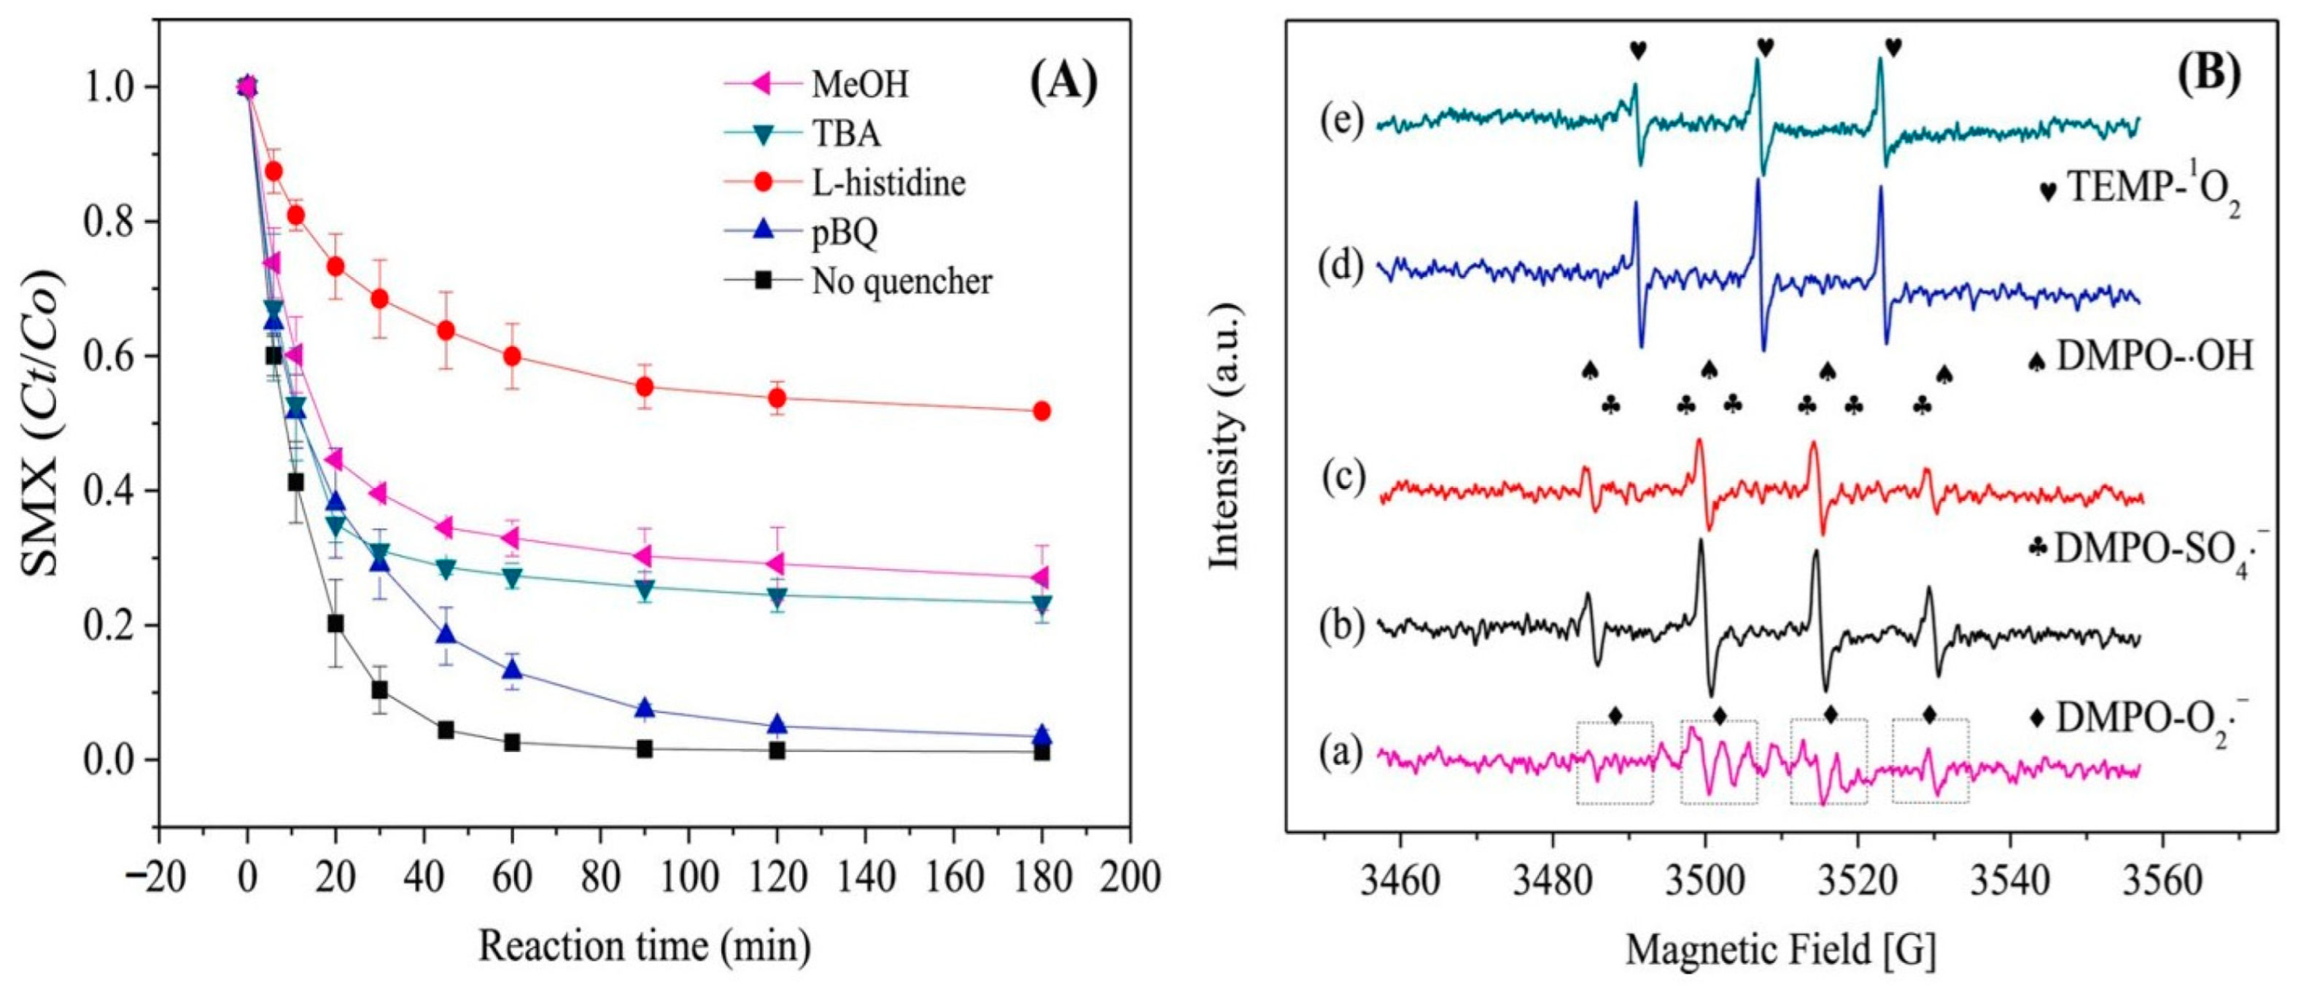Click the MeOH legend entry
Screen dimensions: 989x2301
click(859, 84)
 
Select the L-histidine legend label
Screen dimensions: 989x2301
click(888, 183)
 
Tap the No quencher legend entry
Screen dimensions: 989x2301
click(901, 282)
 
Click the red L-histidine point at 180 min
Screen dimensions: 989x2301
click(1041, 411)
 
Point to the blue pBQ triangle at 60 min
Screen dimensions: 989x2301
click(512, 670)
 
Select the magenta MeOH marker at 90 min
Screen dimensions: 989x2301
click(644, 556)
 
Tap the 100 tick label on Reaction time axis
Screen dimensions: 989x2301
click(688, 877)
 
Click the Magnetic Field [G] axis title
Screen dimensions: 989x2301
click(1780, 950)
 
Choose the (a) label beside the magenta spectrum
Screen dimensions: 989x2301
click(1340, 755)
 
